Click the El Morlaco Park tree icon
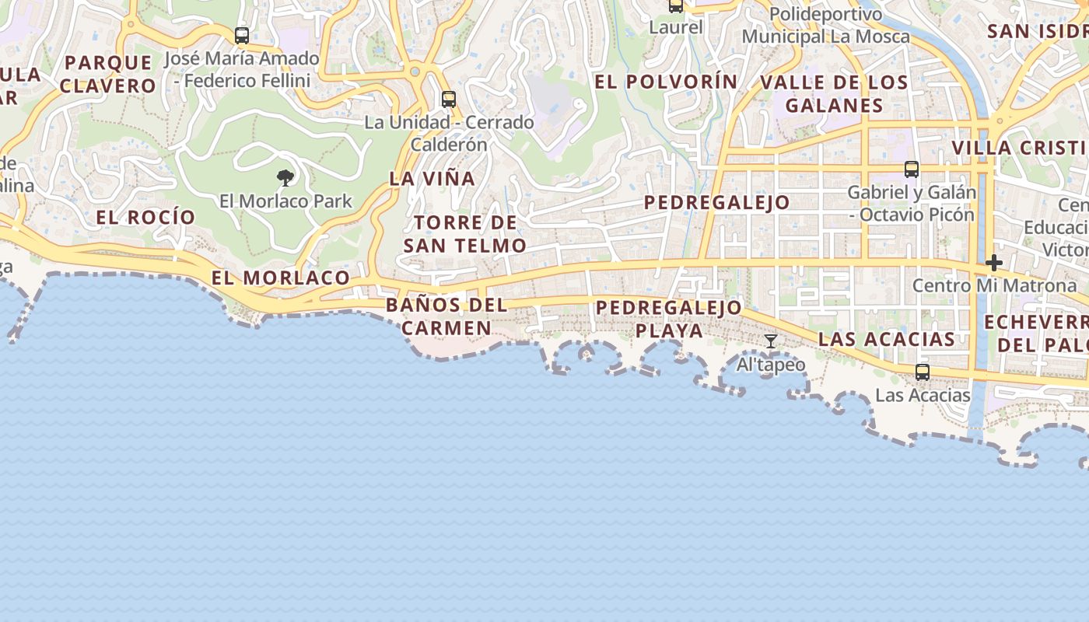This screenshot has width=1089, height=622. tap(285, 178)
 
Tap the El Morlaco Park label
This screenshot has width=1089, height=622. tap(285, 201)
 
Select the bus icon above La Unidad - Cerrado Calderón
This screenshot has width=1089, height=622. tap(449, 100)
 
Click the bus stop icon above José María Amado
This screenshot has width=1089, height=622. tap(242, 36)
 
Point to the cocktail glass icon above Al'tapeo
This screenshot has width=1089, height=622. tap(771, 341)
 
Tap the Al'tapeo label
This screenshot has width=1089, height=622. tap(771, 365)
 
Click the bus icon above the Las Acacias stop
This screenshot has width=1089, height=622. tap(923, 372)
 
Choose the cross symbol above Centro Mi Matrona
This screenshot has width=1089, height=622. tap(993, 263)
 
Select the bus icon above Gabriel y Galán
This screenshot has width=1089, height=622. tap(912, 169)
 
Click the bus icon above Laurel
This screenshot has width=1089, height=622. tap(676, 6)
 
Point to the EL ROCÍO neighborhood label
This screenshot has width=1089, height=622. tap(145, 218)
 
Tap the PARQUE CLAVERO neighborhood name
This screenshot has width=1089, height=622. tap(108, 74)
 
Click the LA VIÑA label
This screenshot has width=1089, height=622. tap(432, 179)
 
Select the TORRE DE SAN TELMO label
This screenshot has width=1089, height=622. tap(465, 234)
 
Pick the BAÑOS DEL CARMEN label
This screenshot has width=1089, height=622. tap(446, 316)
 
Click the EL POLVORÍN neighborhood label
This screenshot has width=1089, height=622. tap(666, 82)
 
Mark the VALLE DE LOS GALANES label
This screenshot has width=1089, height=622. tap(834, 94)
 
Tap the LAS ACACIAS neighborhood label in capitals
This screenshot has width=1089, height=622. tap(887, 339)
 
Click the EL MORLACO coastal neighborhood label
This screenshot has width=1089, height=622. tap(281, 278)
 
